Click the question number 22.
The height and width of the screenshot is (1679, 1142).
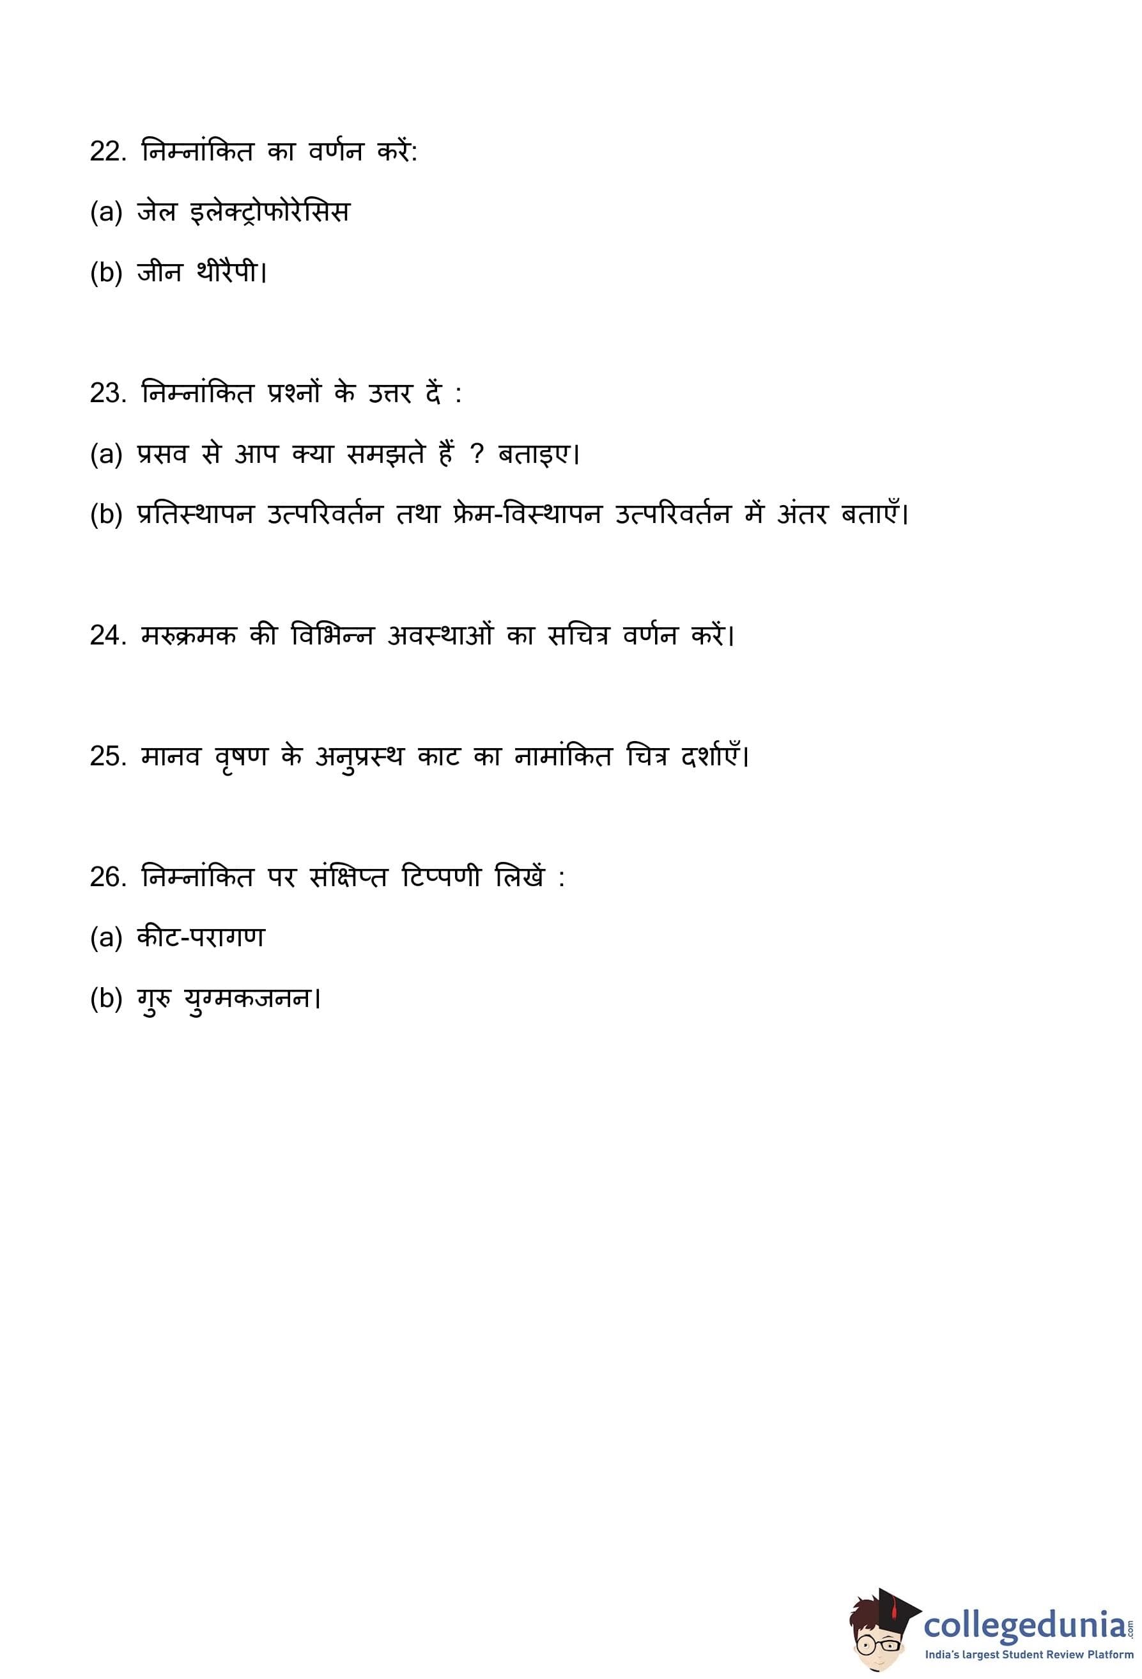click(107, 152)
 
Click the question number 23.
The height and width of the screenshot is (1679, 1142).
click(107, 394)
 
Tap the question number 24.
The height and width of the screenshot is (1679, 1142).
click(107, 635)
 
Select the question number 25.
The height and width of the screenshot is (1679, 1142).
click(107, 756)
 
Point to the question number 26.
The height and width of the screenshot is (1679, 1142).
click(107, 877)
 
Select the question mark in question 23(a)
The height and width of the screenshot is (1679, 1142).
click(476, 455)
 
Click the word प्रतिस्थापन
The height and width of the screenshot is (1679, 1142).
click(195, 515)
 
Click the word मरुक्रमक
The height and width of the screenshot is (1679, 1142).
click(189, 635)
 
